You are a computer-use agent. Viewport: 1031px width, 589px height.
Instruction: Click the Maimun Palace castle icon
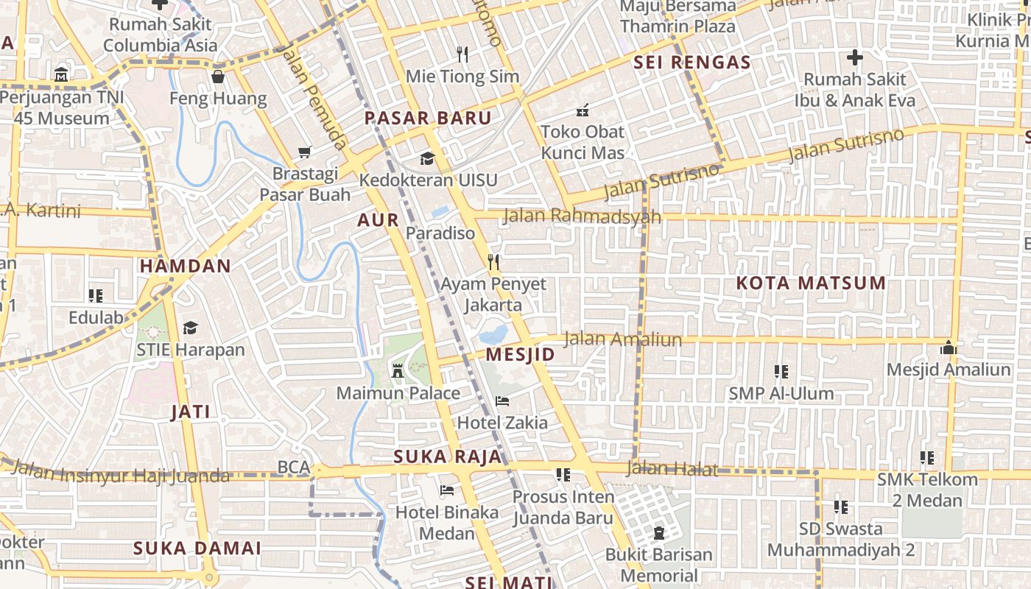(x=398, y=370)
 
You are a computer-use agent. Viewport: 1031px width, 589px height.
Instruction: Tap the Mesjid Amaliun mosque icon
(x=949, y=346)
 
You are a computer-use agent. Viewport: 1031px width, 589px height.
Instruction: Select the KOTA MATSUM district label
(x=811, y=283)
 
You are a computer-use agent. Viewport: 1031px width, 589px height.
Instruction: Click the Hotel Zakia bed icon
(x=502, y=401)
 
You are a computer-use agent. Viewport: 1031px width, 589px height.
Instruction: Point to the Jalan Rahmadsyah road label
(x=582, y=216)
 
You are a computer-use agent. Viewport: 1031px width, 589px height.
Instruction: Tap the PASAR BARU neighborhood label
(x=428, y=118)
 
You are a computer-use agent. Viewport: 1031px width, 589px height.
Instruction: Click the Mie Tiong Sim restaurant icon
(x=462, y=54)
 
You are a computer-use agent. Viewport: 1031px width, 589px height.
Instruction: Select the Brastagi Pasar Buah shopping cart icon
(x=305, y=152)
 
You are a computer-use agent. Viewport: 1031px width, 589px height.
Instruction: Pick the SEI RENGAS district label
(x=692, y=63)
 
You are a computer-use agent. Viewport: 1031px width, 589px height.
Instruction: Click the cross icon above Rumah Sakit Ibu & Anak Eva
(x=854, y=57)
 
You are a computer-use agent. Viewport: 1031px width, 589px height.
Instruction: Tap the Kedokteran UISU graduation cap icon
(x=427, y=158)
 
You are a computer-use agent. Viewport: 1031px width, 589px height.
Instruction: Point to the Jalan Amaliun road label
(x=622, y=339)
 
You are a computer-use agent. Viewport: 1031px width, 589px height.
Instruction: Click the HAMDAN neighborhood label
(x=186, y=266)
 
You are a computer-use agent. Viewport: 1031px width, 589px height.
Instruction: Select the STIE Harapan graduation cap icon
(x=190, y=328)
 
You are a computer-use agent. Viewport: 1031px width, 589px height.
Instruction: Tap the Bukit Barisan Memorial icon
(x=659, y=532)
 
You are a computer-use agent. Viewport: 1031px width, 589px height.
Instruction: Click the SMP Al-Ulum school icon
(x=781, y=372)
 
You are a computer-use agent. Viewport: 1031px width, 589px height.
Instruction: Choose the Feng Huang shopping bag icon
(x=218, y=77)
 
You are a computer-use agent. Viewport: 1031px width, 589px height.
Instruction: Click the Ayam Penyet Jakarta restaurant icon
(x=493, y=261)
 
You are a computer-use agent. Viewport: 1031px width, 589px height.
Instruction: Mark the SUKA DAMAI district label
(x=197, y=548)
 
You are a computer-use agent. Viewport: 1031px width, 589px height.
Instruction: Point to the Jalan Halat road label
(x=671, y=468)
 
